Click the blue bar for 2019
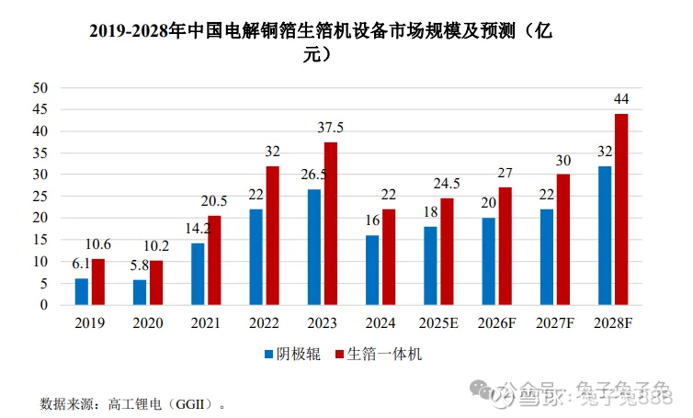pyautogui.click(x=82, y=291)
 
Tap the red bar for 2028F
pyautogui.click(x=620, y=209)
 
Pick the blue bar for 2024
pyautogui.click(x=372, y=270)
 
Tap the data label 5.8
pyautogui.click(x=138, y=265)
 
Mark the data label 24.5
pyautogui.click(x=447, y=184)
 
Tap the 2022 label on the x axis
pyautogui.click(x=264, y=323)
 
